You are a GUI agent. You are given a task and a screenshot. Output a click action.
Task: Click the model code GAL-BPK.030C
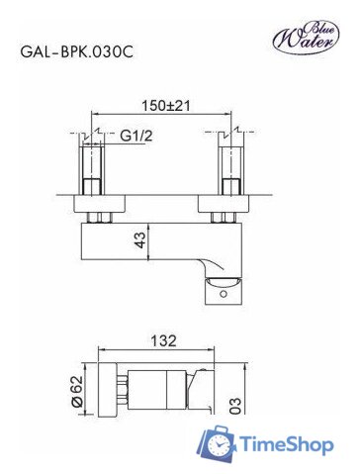(x=77, y=52)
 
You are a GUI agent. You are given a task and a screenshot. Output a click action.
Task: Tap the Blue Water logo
(x=306, y=37)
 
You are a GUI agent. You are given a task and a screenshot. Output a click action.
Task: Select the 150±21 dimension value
(x=166, y=106)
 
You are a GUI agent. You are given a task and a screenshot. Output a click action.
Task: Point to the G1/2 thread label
(x=136, y=136)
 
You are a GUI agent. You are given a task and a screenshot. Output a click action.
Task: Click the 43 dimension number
(x=139, y=240)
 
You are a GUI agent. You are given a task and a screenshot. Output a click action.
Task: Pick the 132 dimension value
(x=164, y=340)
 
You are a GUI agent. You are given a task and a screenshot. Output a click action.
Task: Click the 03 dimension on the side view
(x=236, y=406)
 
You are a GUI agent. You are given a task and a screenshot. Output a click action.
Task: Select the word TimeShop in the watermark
(x=286, y=444)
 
